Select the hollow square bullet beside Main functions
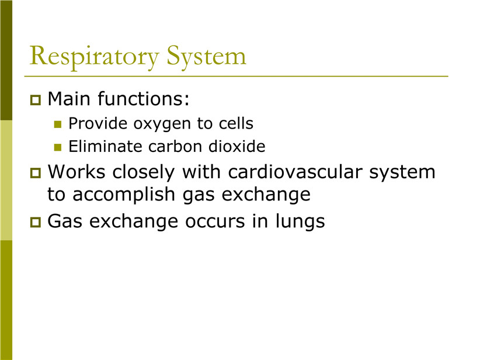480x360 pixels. point(36,100)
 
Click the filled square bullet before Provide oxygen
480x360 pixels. point(58,124)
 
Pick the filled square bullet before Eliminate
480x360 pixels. point(58,147)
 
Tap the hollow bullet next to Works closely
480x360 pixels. point(36,173)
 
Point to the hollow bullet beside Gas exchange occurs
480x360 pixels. point(36,222)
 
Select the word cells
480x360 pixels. point(236,123)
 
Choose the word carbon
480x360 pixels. point(175,147)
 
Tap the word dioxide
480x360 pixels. point(237,147)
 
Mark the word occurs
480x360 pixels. point(215,222)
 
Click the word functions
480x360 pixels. point(144,99)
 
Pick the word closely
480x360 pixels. point(144,173)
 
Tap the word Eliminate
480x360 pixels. point(105,147)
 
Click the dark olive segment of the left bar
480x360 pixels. point(6,60)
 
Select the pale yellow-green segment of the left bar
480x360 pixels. point(6,180)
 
